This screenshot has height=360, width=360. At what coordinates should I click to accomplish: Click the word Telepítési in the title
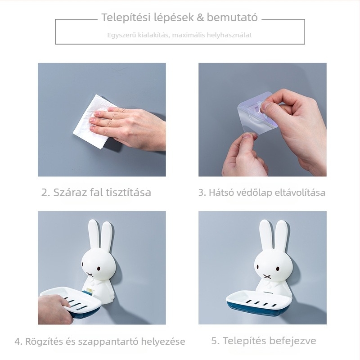[120, 18]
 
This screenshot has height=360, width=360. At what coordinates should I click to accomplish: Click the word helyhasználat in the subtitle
[229, 35]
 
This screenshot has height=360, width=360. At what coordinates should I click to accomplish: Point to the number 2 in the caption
[45, 193]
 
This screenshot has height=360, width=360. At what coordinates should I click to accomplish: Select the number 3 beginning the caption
[201, 193]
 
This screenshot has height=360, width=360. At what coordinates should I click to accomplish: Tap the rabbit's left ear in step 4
[93, 236]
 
